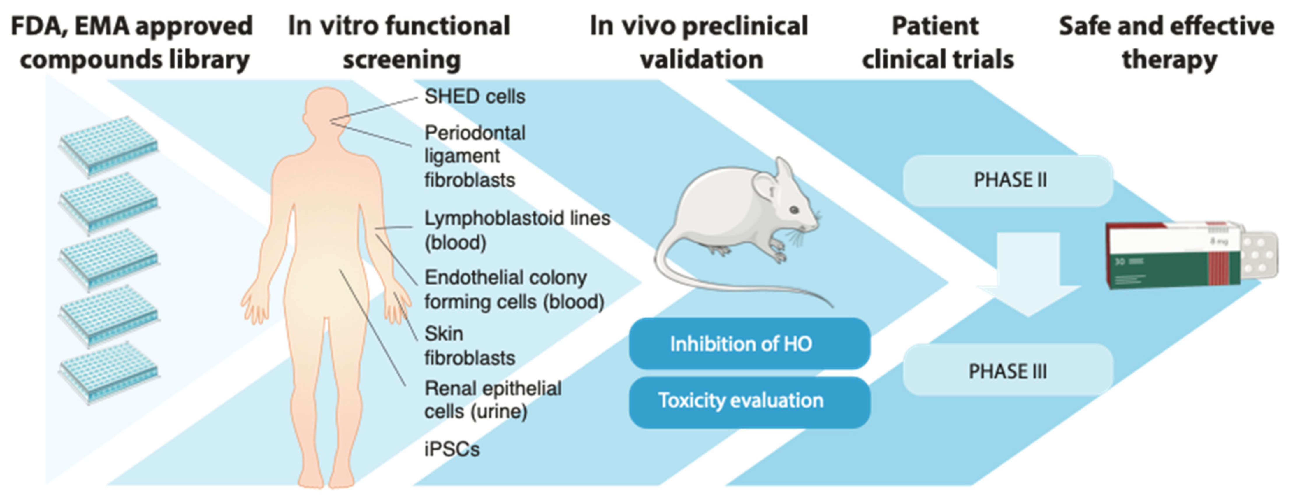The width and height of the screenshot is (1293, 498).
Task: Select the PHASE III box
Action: pyautogui.click(x=1008, y=371)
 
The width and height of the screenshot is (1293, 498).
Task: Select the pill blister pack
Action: pyautogui.click(x=1260, y=256)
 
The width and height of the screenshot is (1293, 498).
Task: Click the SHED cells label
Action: pyautogui.click(x=474, y=97)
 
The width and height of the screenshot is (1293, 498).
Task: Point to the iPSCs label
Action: pyautogui.click(x=452, y=449)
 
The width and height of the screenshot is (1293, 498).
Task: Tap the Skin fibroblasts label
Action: pyautogui.click(x=469, y=346)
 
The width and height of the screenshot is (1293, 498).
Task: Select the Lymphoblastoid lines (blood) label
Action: pyautogui.click(x=517, y=230)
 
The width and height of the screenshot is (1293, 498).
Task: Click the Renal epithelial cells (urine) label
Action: pyautogui.click(x=492, y=400)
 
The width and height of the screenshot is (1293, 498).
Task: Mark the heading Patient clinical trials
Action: pyautogui.click(x=937, y=43)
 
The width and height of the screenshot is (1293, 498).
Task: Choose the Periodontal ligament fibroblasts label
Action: pyautogui.click(x=474, y=156)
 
